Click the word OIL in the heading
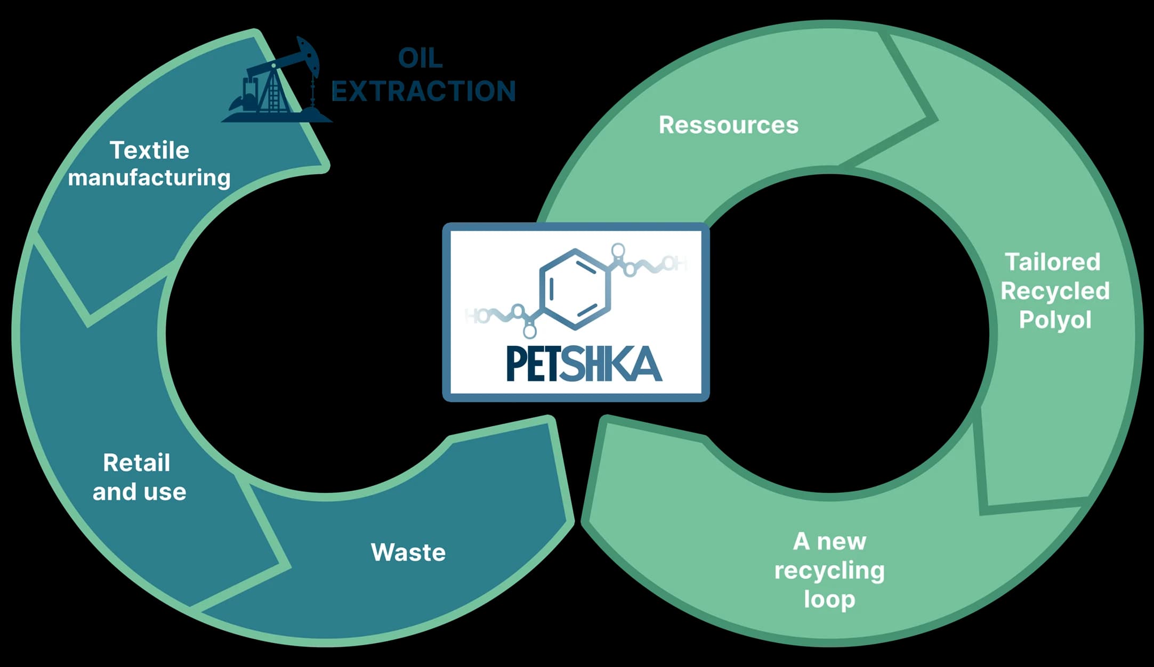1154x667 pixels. pos(420,58)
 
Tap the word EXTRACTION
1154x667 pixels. pos(424,91)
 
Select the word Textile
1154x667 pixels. pos(149,150)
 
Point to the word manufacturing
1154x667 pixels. pos(149,178)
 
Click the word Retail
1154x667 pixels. pos(136,462)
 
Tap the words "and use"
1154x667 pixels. pos(139,492)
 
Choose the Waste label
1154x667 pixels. pos(408,552)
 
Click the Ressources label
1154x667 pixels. pos(729,125)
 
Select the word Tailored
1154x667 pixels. pos(1053,262)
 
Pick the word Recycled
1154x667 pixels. pos(1055,291)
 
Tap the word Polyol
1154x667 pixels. pos(1055,320)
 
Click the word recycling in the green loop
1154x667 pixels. pos(829,571)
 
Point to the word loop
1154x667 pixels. pos(829,599)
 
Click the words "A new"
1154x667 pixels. pos(829,542)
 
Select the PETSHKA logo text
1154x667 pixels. pos(584,364)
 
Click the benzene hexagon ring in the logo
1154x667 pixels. pos(575,289)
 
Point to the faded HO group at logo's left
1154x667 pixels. pos(476,315)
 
